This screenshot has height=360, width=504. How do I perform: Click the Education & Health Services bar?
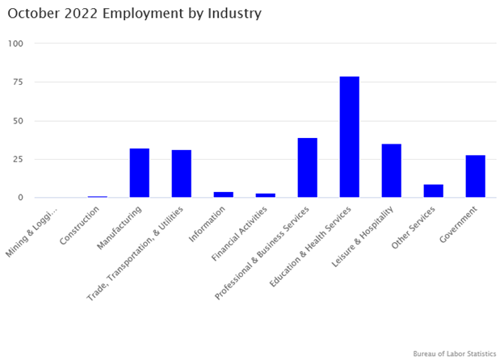[x=350, y=137]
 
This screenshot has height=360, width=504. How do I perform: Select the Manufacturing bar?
[x=140, y=173]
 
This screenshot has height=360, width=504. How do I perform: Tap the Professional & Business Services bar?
[x=308, y=168]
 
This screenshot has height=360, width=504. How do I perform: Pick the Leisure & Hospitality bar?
[x=392, y=170]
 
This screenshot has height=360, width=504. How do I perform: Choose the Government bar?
[x=476, y=176]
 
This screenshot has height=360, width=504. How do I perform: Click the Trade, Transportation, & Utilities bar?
[x=182, y=174]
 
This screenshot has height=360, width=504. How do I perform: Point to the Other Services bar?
[x=434, y=191]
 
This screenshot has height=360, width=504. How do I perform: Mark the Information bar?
[x=224, y=195]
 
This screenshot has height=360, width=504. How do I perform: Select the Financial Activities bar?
[x=266, y=195]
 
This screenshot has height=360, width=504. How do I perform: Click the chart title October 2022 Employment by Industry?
[x=135, y=14]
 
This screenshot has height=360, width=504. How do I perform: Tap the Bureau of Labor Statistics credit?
[x=454, y=354]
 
